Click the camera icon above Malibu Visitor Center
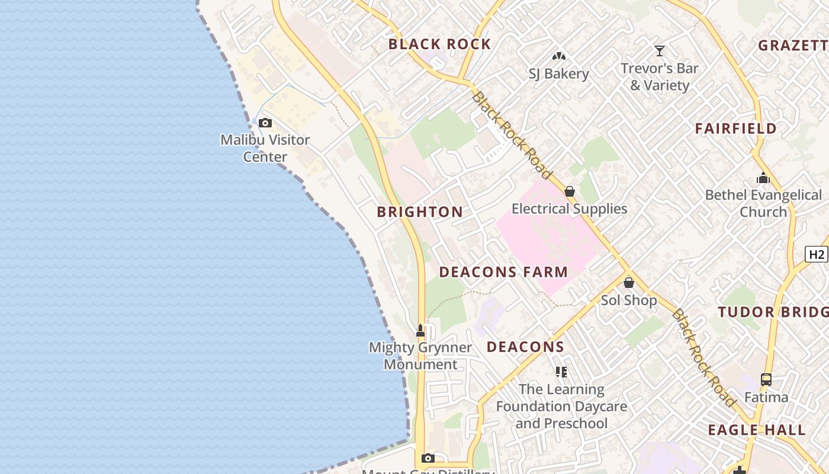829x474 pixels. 265,123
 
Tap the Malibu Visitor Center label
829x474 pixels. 265,148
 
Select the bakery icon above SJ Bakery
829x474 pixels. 559,56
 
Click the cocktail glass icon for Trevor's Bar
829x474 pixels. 660,51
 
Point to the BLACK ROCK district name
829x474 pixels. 439,44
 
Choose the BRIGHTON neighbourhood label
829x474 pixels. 420,212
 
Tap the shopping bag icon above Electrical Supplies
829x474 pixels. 570,191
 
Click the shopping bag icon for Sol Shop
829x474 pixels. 629,283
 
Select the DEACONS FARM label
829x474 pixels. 503,272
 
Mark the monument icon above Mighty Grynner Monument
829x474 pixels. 420,330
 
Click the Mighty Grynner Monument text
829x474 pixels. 420,355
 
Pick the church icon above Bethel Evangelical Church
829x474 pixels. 763,178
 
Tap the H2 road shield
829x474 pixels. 817,254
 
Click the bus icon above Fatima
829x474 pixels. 766,380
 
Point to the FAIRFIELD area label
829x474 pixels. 735,128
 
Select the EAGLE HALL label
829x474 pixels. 757,430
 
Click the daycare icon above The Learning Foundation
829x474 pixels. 561,372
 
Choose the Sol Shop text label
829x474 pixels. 629,300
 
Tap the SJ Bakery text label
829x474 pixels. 559,74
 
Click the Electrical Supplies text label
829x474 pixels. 570,209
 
